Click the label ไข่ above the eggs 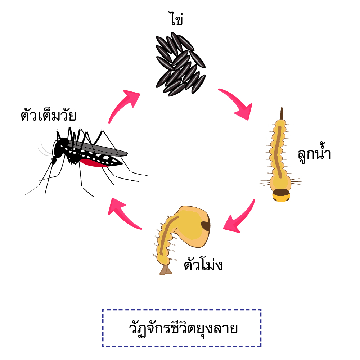pos(176,18)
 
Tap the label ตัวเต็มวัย pos(49,115)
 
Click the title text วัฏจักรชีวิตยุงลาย pos(183,329)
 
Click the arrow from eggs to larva pos(239,101)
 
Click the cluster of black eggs pos(181,64)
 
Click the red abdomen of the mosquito pos(92,163)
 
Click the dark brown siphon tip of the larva pos(282,113)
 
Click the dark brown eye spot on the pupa pos(206,226)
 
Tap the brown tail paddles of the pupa pos(166,270)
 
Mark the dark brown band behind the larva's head pos(281,192)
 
